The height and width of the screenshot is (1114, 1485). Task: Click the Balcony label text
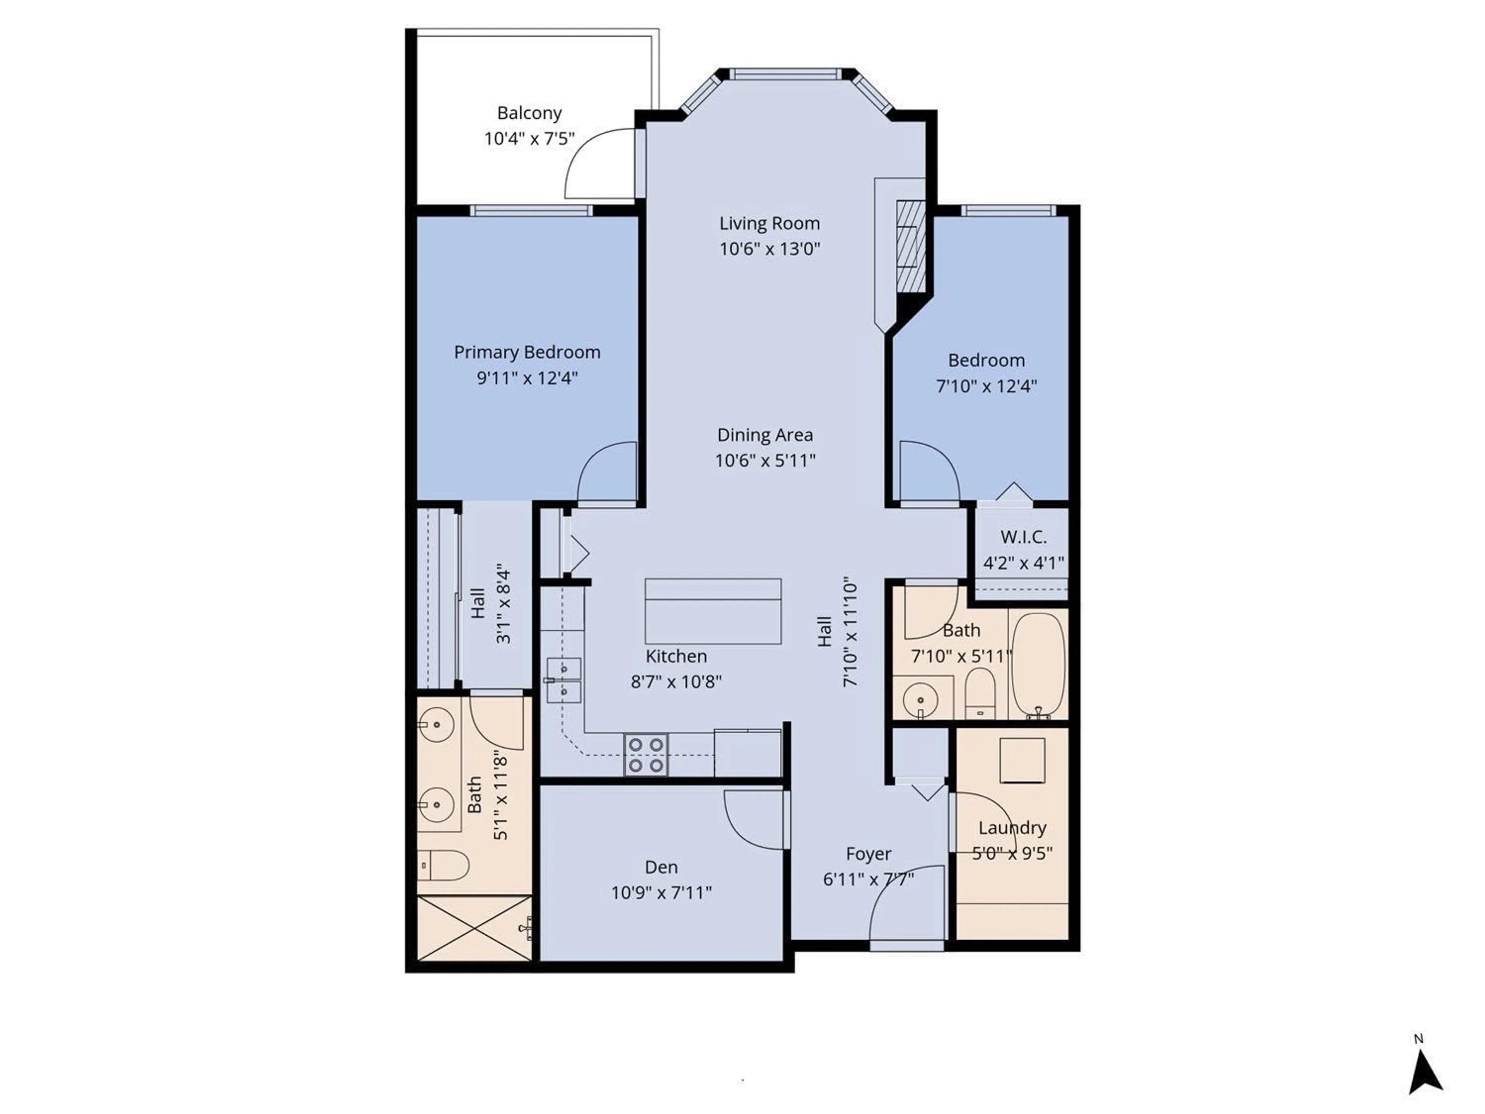point(529,113)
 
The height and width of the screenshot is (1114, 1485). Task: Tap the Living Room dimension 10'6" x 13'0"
point(769,249)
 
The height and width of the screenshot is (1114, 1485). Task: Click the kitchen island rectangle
point(713,611)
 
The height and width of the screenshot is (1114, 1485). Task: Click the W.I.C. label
point(1023,537)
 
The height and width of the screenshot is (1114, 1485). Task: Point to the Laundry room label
point(1012,828)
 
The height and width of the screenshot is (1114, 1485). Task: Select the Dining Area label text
point(765,435)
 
